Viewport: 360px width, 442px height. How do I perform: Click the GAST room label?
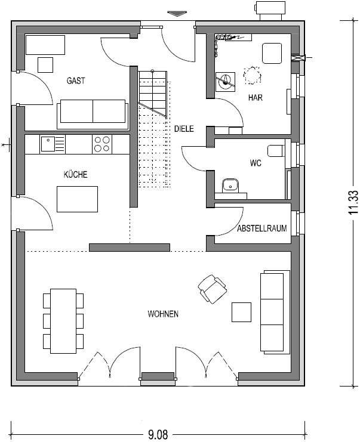point(76,81)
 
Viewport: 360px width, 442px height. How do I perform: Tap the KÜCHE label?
point(76,175)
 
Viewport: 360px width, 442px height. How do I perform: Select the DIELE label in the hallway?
point(184,128)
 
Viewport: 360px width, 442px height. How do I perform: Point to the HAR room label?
point(254,97)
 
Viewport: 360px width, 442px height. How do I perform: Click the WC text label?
point(256,162)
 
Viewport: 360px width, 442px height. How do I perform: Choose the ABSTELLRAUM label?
point(261,228)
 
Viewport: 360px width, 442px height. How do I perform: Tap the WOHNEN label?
point(163,314)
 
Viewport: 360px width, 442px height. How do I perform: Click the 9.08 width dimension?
point(158,434)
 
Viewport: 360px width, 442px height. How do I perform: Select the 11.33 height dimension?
point(353,202)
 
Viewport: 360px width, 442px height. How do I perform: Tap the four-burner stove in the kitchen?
point(101,144)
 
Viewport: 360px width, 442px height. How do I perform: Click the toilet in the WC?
point(276,150)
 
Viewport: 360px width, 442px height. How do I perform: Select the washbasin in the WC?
point(230,186)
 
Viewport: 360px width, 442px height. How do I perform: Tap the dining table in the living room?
point(63,321)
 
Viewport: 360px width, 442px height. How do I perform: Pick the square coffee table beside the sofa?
point(242,312)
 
